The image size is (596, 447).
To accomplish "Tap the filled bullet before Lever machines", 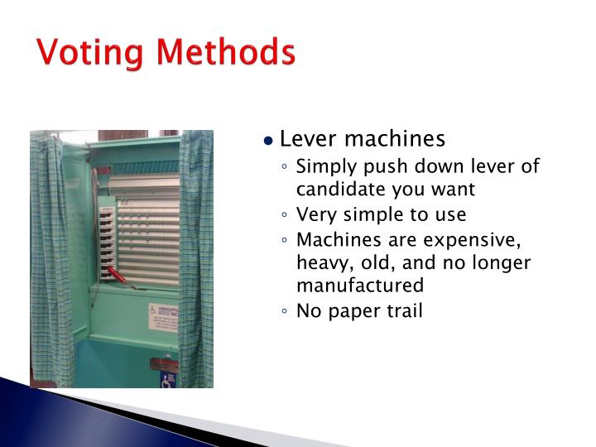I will (268, 140).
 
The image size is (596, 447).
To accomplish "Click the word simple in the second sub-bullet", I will (368, 215).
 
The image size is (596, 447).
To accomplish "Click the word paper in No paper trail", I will (354, 311).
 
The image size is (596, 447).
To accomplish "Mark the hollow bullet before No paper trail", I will (285, 312).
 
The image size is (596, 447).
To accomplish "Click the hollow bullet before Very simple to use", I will (285, 216).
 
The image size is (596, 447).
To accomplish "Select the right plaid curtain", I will (196, 257).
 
